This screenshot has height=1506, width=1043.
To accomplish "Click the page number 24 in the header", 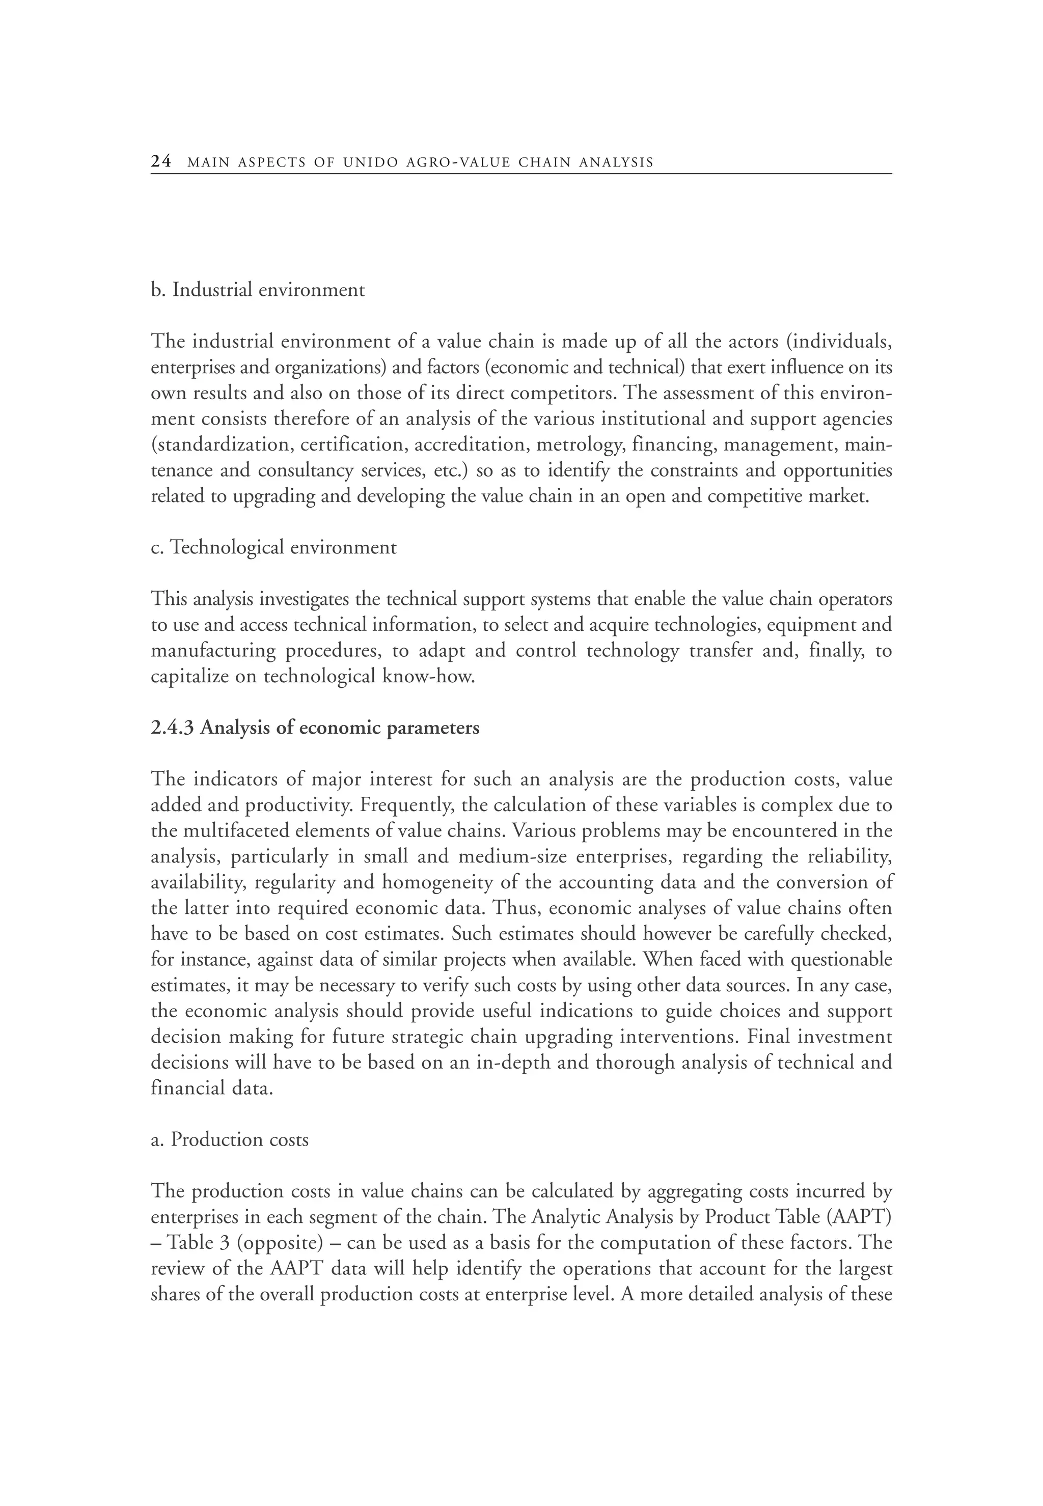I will pos(161,161).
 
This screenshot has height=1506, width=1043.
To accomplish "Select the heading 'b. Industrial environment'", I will pos(258,290).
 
